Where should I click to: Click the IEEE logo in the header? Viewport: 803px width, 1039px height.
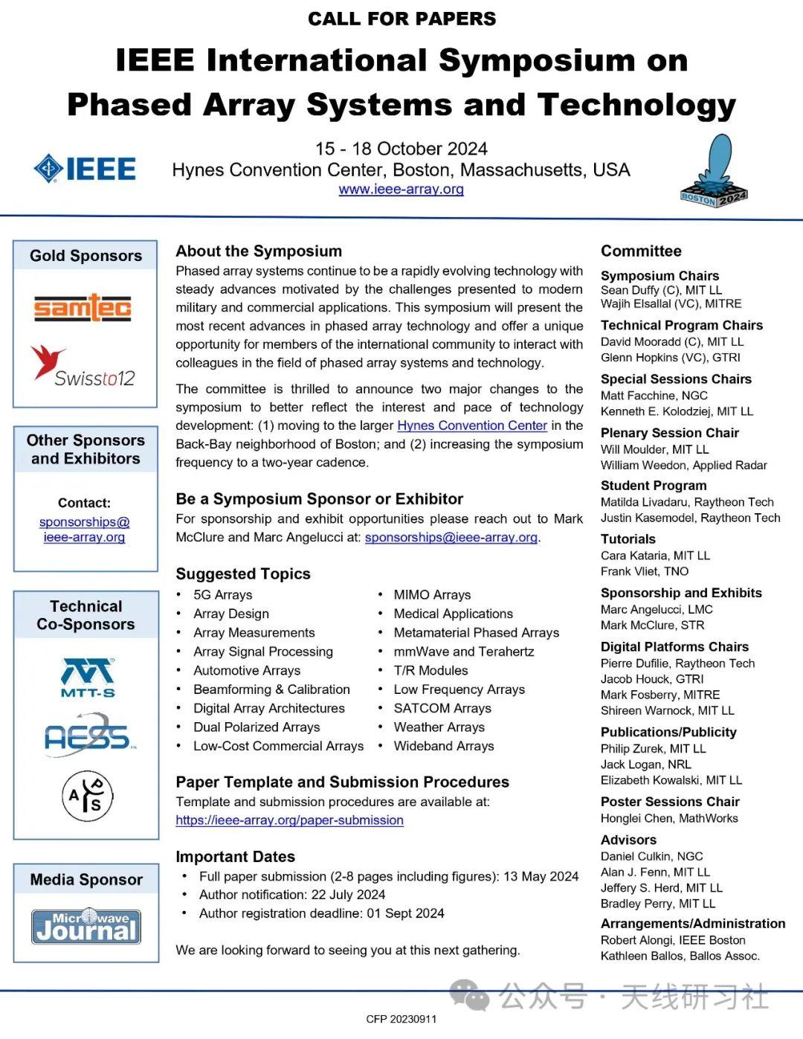[85, 169]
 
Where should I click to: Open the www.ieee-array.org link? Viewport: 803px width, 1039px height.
[401, 189]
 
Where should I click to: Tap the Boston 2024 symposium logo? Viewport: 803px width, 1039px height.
[715, 172]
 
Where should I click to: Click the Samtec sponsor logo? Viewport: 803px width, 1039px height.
[83, 307]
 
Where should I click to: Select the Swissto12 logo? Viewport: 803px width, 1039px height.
[83, 366]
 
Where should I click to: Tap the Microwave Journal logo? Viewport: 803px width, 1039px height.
[86, 926]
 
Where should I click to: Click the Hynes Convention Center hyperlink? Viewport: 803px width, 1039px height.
[472, 425]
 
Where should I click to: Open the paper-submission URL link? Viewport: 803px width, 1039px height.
[289, 820]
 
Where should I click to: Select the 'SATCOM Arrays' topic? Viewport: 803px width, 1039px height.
[442, 708]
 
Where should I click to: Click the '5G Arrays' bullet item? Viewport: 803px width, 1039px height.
[222, 595]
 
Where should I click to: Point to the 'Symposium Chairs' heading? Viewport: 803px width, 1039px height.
[660, 276]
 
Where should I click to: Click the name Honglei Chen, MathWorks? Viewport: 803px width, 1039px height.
[669, 818]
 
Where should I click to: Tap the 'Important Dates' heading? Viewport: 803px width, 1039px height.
[235, 857]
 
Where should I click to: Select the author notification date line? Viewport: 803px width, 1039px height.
[292, 895]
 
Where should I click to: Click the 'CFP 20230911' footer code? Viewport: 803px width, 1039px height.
[401, 1019]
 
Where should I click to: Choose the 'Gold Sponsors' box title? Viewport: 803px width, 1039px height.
[86, 256]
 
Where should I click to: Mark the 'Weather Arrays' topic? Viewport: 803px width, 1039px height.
[439, 727]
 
